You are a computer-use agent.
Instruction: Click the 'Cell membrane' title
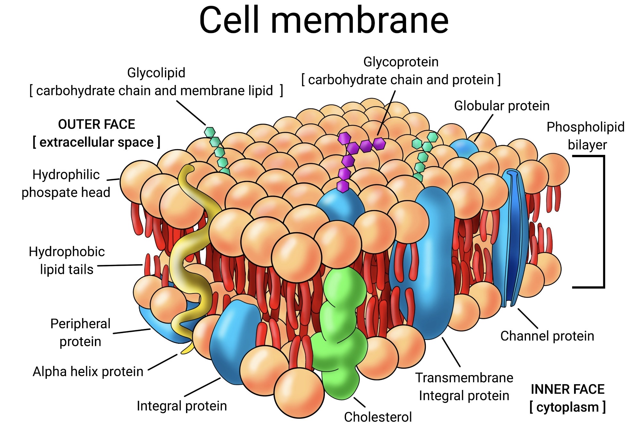tap(324, 20)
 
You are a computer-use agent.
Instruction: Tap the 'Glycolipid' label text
tap(156, 73)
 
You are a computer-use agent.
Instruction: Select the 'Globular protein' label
tap(502, 106)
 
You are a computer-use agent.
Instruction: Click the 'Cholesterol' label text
tap(378, 417)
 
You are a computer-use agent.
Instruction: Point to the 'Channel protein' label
tap(547, 336)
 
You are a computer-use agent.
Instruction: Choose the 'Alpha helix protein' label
tap(88, 372)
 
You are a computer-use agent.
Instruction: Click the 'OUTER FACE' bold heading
tap(97, 124)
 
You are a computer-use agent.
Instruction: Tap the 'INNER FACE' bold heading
tap(567, 389)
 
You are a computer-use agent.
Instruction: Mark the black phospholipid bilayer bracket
tap(603, 221)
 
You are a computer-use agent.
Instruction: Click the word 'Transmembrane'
tap(464, 378)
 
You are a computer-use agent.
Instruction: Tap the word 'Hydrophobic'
tap(67, 252)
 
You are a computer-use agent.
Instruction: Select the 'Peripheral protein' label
tap(80, 333)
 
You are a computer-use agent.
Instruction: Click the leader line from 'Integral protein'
tap(202, 387)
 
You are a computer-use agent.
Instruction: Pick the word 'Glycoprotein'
tap(401, 62)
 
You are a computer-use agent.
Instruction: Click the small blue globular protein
tap(464, 148)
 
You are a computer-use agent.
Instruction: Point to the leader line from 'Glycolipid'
tap(191, 113)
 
